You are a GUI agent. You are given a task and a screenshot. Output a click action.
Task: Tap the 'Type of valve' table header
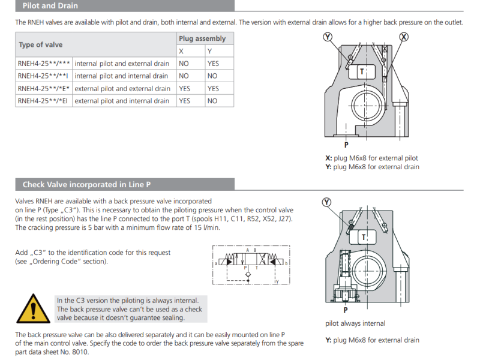click(x=40, y=44)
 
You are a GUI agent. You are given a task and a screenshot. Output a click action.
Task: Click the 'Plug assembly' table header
click(x=202, y=38)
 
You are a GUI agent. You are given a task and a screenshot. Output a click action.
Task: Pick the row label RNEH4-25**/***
click(x=44, y=64)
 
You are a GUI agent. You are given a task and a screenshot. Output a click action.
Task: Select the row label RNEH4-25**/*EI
click(x=43, y=101)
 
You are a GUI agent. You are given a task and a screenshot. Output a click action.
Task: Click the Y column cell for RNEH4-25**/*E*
click(x=213, y=88)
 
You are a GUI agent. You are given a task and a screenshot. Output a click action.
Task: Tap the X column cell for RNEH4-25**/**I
click(x=184, y=76)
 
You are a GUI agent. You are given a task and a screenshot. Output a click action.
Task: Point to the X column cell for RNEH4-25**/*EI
click(x=184, y=101)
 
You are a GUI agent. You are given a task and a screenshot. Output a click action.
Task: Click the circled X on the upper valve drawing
click(x=404, y=37)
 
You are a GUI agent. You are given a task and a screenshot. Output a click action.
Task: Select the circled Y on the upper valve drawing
click(x=328, y=37)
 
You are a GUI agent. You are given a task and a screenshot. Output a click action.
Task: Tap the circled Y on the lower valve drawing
click(x=326, y=202)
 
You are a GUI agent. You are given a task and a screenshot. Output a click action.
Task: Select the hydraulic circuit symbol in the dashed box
click(x=251, y=264)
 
